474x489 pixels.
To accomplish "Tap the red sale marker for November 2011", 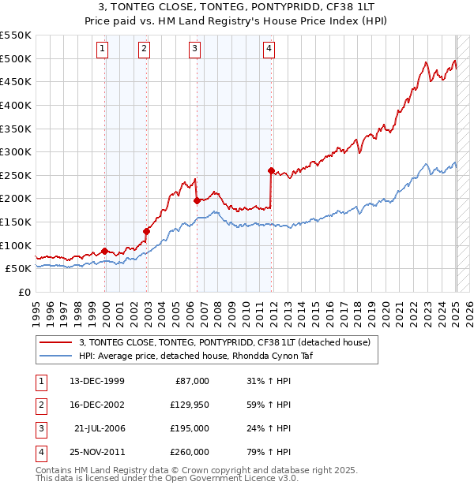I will click(271, 170).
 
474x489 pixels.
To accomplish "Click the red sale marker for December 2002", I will click(146, 231).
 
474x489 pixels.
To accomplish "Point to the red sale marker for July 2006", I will click(197, 200).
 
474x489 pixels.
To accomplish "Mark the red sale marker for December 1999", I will click(105, 251).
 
